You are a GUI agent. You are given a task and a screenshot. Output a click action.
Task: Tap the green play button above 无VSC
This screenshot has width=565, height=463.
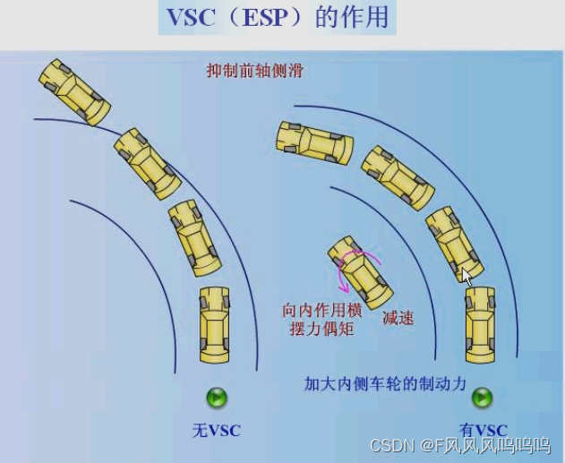point(217,398)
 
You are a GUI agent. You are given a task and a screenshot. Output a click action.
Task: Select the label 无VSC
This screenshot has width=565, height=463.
point(217,431)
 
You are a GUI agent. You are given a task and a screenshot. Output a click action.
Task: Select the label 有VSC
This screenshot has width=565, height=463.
point(483,431)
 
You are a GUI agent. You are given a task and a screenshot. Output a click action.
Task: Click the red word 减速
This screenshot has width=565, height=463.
point(398,317)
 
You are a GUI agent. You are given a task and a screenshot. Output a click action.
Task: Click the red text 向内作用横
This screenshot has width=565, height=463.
point(322,310)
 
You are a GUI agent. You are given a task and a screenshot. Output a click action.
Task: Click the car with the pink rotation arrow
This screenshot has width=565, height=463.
point(359,271)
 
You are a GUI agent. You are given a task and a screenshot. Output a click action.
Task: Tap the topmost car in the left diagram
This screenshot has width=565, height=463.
point(74,91)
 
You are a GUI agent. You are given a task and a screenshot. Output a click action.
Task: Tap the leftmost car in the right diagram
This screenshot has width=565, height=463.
point(312,142)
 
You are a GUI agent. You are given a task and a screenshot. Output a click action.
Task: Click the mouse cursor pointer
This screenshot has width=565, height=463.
point(467,277)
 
